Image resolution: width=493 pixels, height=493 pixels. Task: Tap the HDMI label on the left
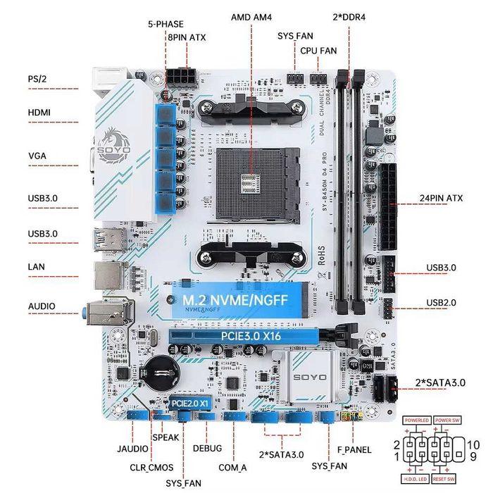(39, 112)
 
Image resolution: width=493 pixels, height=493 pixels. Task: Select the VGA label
(37, 155)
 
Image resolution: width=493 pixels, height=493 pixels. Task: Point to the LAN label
(37, 267)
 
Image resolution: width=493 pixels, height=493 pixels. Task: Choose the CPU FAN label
(318, 51)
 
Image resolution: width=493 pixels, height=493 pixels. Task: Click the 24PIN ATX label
(441, 198)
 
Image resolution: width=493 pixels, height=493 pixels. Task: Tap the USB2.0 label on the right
(441, 302)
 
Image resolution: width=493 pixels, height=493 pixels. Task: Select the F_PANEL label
(354, 449)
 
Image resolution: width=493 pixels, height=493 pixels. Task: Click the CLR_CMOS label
(151, 466)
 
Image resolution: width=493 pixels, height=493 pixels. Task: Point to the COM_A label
(233, 466)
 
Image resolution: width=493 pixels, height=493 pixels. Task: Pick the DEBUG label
(206, 449)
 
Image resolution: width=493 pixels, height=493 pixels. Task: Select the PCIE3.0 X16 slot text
(251, 337)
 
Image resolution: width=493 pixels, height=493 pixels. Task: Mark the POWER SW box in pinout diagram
(447, 420)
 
